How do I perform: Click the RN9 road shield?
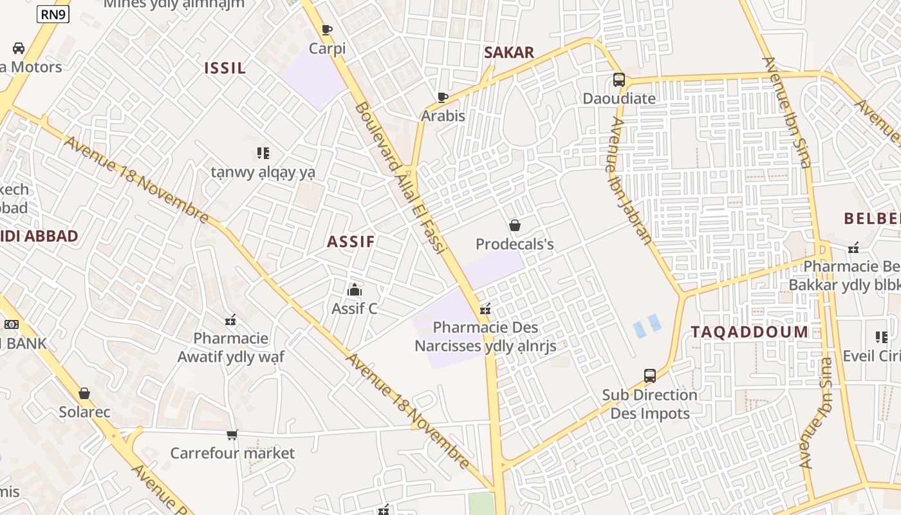[53, 14]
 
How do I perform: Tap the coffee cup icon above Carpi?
[327, 30]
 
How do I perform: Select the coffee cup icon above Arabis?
[443, 97]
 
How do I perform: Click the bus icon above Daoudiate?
[618, 80]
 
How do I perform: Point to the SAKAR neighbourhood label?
[509, 53]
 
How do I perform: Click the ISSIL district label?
[225, 68]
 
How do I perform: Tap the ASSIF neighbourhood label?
[351, 242]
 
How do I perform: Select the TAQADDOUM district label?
[750, 332]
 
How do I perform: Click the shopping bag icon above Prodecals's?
[515, 225]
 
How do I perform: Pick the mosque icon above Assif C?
[355, 290]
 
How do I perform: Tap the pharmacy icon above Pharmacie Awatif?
[230, 319]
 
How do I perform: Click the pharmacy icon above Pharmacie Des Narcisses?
[485, 309]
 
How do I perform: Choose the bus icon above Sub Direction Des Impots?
[650, 376]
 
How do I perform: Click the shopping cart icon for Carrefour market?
[232, 435]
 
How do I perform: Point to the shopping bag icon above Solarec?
[84, 393]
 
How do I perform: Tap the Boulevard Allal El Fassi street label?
[400, 178]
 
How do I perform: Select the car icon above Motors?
[19, 48]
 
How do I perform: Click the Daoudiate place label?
[619, 98]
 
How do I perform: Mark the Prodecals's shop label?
[515, 245]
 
